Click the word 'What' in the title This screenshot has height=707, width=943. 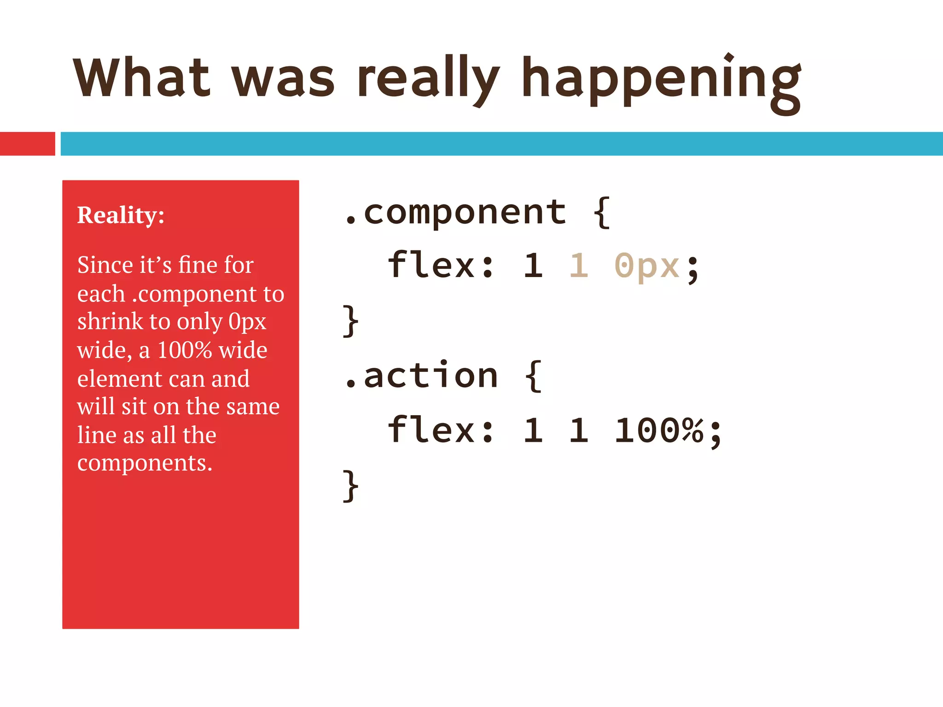(x=142, y=77)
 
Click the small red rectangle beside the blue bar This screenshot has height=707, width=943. (x=27, y=144)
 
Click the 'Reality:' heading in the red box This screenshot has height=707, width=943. (x=121, y=215)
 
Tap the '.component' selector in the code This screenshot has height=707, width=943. (x=455, y=213)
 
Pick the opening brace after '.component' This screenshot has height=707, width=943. (x=601, y=213)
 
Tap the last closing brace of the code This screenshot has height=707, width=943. (x=351, y=486)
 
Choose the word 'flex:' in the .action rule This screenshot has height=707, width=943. (x=441, y=430)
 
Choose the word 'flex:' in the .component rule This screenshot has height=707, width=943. (x=441, y=266)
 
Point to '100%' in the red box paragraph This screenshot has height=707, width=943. (x=184, y=350)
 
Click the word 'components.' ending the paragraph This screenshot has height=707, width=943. (x=145, y=463)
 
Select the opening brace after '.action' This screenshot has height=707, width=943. (x=533, y=376)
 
